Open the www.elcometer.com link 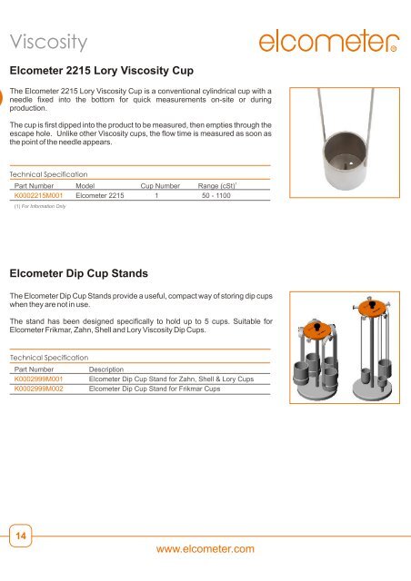point(205,548)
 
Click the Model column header point(86,183)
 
